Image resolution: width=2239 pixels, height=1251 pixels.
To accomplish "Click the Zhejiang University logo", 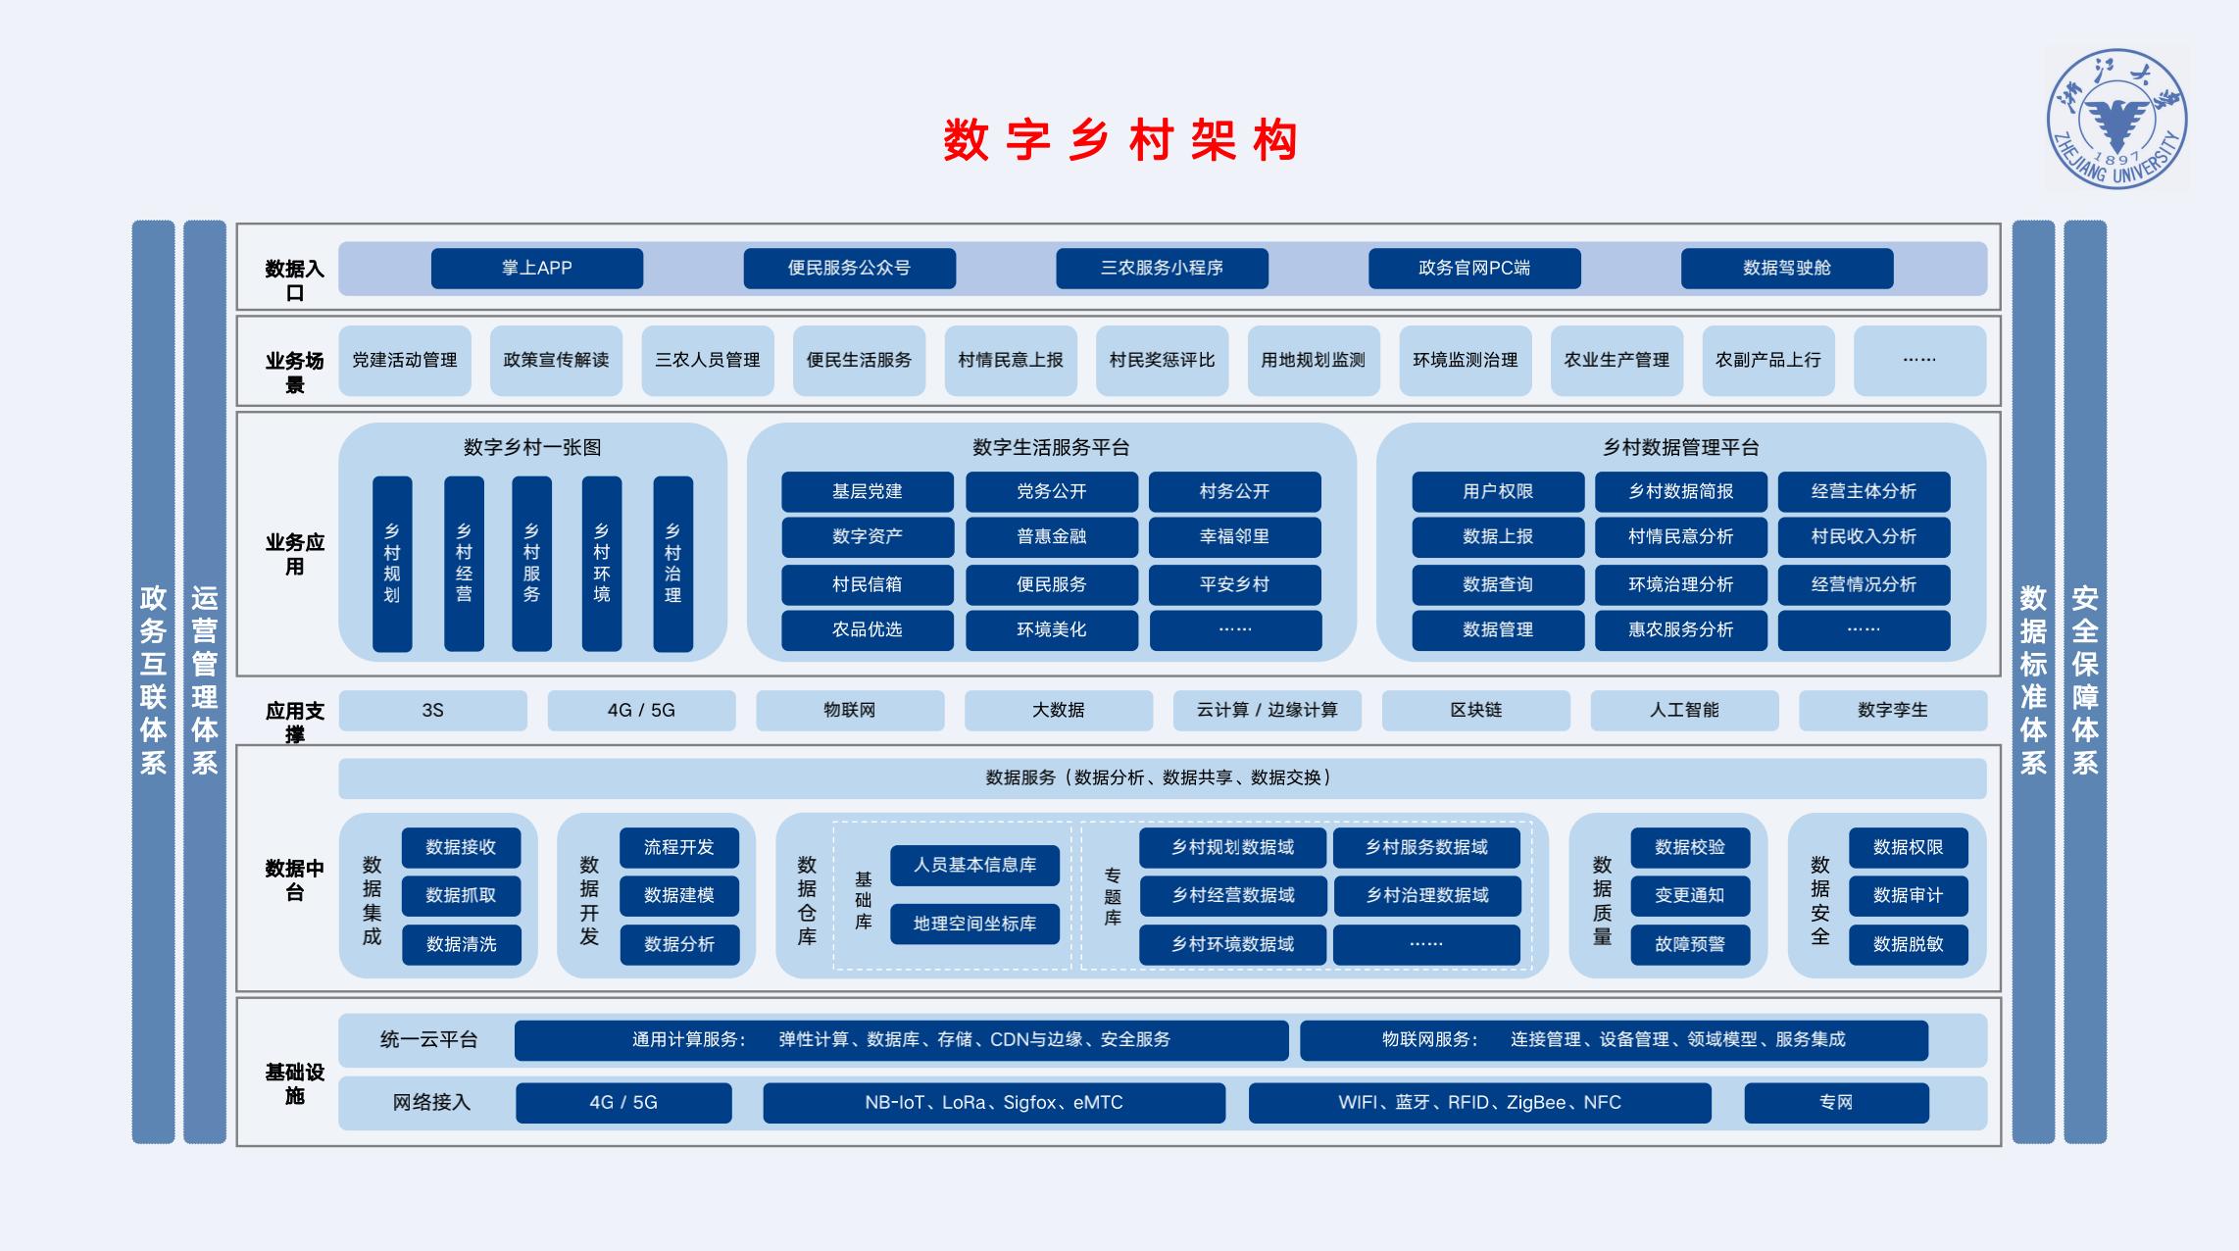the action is [2116, 119].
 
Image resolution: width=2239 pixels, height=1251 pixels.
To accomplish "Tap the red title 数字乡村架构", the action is [1120, 140].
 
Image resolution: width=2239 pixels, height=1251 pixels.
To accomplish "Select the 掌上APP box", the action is [537, 268].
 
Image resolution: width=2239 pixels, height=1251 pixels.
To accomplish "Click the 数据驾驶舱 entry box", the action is [1787, 268].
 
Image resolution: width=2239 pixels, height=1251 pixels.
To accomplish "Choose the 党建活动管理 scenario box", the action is [405, 360].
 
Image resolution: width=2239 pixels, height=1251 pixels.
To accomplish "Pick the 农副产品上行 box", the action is [1768, 360].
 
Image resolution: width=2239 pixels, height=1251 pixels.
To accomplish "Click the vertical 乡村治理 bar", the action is [672, 564].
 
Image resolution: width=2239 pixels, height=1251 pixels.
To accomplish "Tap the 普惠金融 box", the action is [1052, 536].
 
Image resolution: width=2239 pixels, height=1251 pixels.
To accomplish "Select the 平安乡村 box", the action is [1235, 584].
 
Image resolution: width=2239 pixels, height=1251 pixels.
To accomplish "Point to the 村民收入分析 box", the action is [1864, 536].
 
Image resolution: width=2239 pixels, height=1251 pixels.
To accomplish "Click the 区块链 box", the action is [1476, 710].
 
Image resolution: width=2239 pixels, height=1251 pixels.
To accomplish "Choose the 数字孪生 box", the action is [1893, 710].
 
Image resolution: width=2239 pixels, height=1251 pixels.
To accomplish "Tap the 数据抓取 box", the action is [461, 895].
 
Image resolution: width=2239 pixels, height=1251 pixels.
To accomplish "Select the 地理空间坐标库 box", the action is [974, 924].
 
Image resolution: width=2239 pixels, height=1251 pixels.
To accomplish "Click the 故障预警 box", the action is [1690, 944].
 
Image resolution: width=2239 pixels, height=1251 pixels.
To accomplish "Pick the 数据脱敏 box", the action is [1908, 944].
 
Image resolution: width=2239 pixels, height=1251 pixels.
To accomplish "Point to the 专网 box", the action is [1836, 1102].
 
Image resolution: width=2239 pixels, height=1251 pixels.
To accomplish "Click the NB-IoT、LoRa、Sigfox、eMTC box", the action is [994, 1102].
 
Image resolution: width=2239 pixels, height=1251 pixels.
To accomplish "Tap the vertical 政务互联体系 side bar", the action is [153, 681].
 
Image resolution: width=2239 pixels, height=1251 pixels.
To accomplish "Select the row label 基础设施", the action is [294, 1083].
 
